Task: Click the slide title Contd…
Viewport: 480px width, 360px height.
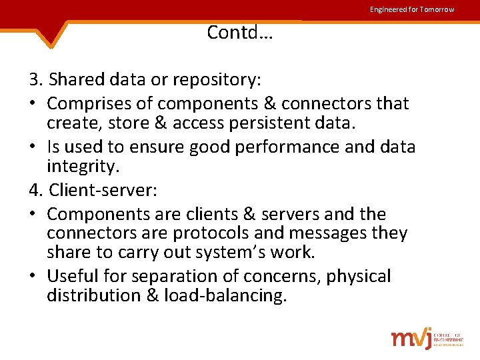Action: pos(240,32)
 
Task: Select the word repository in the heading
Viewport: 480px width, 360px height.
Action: pos(215,80)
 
